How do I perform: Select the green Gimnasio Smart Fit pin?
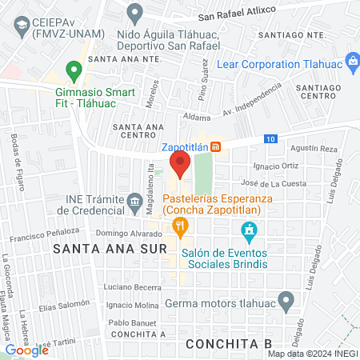point(74,72)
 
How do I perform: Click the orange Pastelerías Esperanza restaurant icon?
point(182,228)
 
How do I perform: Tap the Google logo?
point(26,350)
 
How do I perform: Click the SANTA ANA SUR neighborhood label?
point(109,249)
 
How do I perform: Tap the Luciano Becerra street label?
point(133,286)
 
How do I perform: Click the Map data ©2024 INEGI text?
point(311,353)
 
